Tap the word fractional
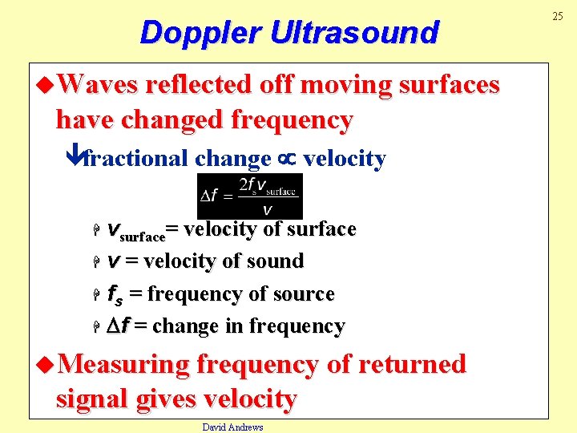136,159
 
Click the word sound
276,261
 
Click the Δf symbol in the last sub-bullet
118,326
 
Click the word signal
94,399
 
